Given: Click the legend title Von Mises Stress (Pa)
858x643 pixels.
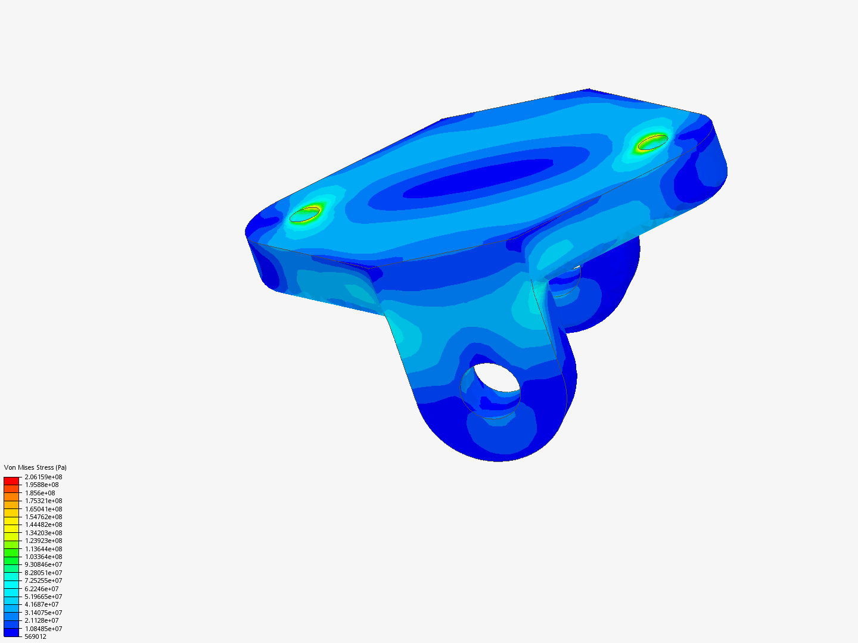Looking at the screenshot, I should pyautogui.click(x=35, y=467).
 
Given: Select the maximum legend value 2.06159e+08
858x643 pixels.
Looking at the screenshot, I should pyautogui.click(x=43, y=477).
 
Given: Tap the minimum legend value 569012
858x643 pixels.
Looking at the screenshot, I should pyautogui.click(x=35, y=636).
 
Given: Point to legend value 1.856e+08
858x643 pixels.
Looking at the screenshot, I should pyautogui.click(x=40, y=493).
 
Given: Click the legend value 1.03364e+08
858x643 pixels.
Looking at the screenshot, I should pyautogui.click(x=43, y=557).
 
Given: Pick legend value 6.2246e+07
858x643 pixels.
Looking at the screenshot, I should pyautogui.click(x=42, y=589).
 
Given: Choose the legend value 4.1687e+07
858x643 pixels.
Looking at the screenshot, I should pyautogui.click(x=42, y=604).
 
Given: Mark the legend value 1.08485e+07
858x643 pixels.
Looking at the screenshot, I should pyautogui.click(x=43, y=629).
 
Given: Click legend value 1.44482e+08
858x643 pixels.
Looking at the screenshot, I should pyautogui.click(x=43, y=525).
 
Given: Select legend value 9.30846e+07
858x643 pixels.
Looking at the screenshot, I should pyautogui.click(x=43, y=564).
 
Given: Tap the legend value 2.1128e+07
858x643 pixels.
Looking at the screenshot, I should pyautogui.click(x=42, y=620).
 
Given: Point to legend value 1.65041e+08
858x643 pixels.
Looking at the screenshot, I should pyautogui.click(x=43, y=509).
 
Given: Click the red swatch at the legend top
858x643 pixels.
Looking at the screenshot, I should pyautogui.click(x=11, y=480).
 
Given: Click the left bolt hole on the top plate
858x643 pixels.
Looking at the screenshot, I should pyautogui.click(x=304, y=214).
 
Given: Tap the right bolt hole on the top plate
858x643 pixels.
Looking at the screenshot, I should pyautogui.click(x=652, y=142).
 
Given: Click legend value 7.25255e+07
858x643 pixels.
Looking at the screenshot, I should pyautogui.click(x=43, y=580).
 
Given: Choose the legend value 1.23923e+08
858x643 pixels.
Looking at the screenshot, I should pyautogui.click(x=43, y=541).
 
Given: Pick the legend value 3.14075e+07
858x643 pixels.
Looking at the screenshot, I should pyautogui.click(x=43, y=613).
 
